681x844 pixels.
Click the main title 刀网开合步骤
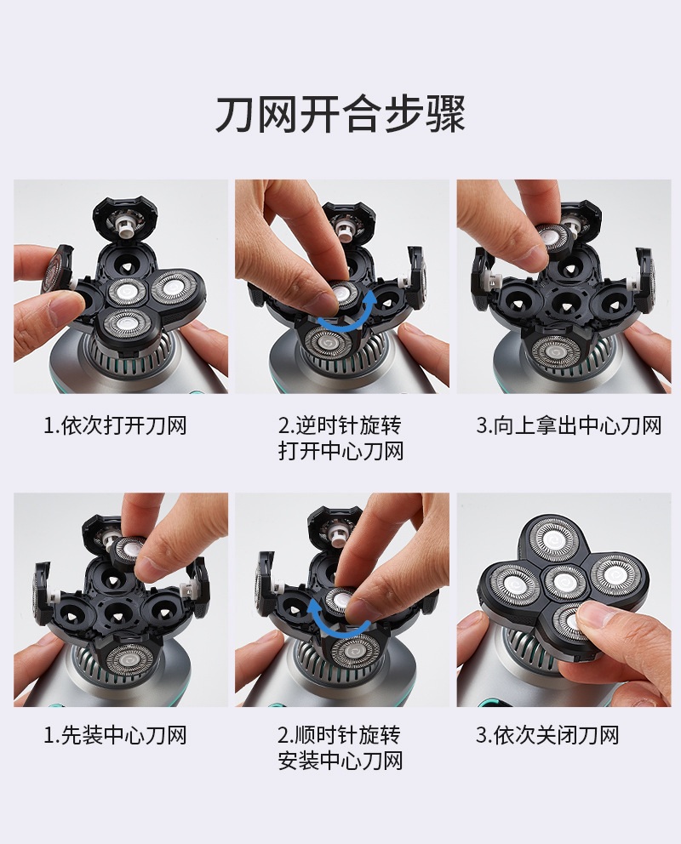[340, 114]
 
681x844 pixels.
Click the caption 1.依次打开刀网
[115, 425]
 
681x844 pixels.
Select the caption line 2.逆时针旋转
[340, 425]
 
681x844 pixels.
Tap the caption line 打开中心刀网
[340, 451]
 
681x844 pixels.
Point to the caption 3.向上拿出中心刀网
[569, 425]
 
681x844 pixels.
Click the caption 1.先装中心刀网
[115, 735]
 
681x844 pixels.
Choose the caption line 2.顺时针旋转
[339, 735]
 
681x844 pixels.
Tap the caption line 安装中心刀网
[340, 760]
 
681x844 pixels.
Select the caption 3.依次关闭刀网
[547, 735]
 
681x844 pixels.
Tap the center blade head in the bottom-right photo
[564, 582]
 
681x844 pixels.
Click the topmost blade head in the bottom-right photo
[553, 539]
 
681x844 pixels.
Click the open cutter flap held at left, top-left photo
[57, 270]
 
